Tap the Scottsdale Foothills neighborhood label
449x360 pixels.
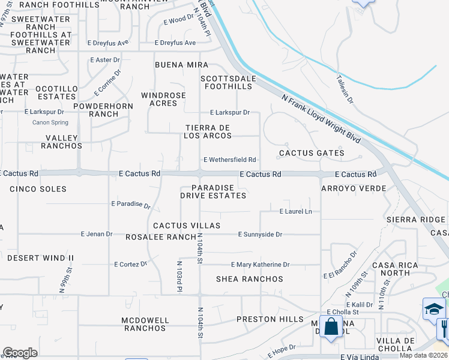(x=228, y=82)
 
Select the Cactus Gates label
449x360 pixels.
(x=312, y=153)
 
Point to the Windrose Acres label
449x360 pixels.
(x=163, y=99)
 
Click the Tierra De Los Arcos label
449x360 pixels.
(x=208, y=131)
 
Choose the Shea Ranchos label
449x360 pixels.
(x=250, y=279)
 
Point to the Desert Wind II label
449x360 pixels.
(x=40, y=258)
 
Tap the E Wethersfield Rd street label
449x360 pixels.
(x=230, y=160)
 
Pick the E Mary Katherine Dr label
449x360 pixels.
(x=261, y=265)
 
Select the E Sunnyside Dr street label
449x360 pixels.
(x=260, y=234)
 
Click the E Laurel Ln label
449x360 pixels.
(x=296, y=211)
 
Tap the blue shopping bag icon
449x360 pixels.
(x=331, y=327)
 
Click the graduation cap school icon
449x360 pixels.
(x=434, y=309)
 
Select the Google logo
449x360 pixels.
(x=20, y=353)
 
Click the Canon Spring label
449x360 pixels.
(x=50, y=123)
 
